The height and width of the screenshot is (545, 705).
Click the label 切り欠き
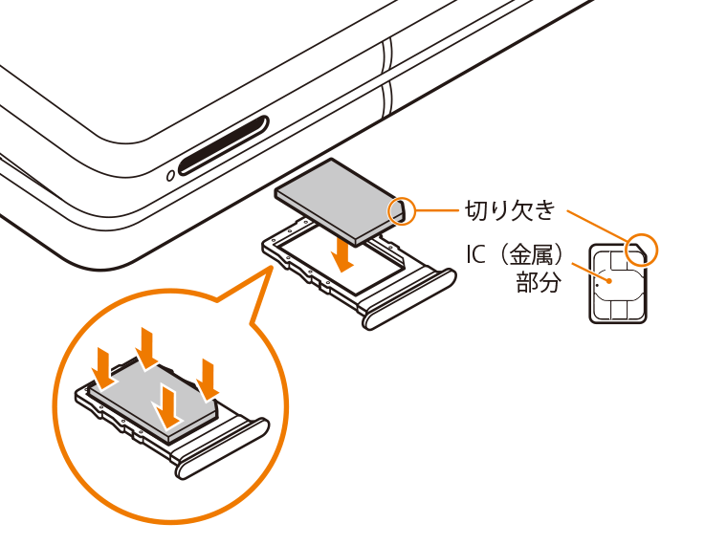pos(510,210)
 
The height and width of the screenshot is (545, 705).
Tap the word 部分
pos(539,282)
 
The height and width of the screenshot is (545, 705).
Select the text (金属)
pos(532,254)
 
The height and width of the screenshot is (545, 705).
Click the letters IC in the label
pos(475,254)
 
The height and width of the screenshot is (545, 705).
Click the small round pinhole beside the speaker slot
pos(171,176)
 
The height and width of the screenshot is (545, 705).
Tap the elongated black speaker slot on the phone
pos(224,145)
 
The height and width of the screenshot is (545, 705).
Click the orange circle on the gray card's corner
pos(402,210)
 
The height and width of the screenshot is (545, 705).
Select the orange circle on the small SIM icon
pos(642,250)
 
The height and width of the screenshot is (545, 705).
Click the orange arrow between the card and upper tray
pos(344,254)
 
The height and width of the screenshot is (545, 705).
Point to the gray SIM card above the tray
pos(341,202)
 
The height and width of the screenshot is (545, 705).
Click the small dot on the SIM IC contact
pos(608,281)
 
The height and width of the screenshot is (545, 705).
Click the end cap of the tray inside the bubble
pos(222,449)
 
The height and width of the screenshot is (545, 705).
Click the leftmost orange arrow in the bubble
pos(105,368)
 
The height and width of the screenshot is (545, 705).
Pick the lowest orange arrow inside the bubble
pos(169,407)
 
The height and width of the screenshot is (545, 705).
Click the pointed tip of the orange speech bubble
pos(273,266)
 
